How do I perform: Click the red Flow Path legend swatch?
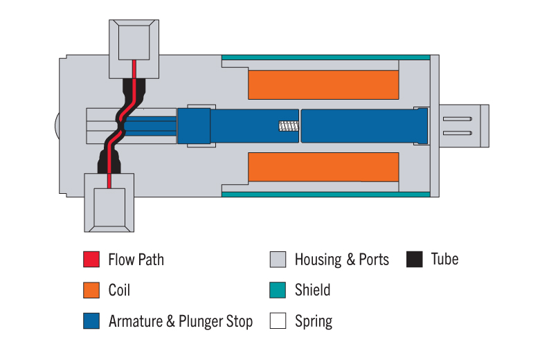click(x=91, y=260)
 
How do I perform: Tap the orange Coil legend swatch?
click(x=91, y=290)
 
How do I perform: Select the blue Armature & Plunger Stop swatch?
click(x=91, y=321)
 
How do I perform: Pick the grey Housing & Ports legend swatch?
click(x=278, y=260)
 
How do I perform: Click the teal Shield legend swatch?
click(x=278, y=290)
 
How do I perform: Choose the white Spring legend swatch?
click(x=278, y=321)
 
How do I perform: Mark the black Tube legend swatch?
click(x=414, y=260)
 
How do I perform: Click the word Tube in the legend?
click(x=444, y=259)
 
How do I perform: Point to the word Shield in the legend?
click(x=312, y=289)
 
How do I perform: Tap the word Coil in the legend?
click(x=119, y=289)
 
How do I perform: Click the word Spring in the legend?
click(x=314, y=321)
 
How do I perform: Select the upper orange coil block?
click(x=323, y=84)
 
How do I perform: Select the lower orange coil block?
click(x=323, y=167)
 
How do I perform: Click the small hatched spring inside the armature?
click(x=289, y=126)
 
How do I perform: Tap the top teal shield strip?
click(x=326, y=57)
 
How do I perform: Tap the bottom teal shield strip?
click(x=326, y=195)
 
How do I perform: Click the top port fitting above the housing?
click(x=134, y=49)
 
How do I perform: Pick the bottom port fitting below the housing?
click(x=109, y=203)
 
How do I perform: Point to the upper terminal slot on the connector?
click(x=458, y=119)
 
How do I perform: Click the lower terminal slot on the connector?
click(x=458, y=133)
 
